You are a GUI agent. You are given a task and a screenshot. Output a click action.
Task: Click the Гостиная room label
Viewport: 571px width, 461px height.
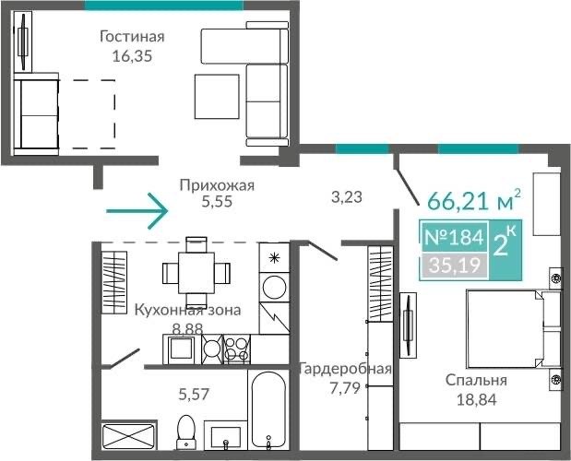132,37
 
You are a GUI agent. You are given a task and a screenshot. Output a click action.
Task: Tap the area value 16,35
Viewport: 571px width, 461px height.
132,56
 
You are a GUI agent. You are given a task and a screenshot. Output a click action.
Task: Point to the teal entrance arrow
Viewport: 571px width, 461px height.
137,211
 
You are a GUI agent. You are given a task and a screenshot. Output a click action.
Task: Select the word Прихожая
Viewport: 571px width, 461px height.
217,186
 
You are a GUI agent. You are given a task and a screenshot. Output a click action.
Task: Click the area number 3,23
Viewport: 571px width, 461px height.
347,196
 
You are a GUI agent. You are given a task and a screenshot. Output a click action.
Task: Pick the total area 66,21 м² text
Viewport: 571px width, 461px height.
474,200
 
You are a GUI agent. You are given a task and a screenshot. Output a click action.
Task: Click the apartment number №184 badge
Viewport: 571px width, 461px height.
454,238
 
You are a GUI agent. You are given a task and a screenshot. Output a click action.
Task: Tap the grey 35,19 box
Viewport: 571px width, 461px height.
455,265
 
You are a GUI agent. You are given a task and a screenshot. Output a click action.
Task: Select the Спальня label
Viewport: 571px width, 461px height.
476,381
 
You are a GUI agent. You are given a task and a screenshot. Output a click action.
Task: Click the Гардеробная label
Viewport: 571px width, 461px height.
345,369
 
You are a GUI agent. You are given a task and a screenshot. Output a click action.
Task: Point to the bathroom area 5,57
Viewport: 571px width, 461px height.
194,394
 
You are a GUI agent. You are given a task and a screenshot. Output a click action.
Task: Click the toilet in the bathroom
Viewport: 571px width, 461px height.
185,432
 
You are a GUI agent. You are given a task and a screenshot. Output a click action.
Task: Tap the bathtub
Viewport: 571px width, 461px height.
268,410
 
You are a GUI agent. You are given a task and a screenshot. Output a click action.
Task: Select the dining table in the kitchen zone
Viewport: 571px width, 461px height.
196,273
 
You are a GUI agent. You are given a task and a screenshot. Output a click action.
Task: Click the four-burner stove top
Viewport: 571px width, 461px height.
237,349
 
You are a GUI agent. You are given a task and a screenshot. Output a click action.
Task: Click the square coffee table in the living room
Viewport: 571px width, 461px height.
217,97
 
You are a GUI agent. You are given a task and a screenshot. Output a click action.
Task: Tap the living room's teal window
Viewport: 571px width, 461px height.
164,6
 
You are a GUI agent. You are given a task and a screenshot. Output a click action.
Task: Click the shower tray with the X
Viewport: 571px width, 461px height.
128,436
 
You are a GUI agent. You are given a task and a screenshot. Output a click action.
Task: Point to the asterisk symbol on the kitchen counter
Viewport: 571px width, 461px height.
273,258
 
